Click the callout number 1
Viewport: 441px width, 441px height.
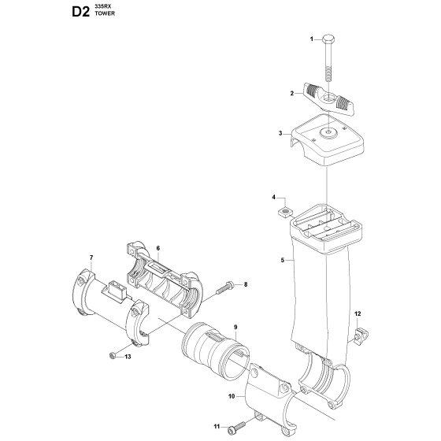click(311, 39)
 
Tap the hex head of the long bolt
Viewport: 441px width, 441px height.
click(328, 39)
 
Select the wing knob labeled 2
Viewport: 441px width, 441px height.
click(329, 98)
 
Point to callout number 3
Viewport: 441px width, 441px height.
click(280, 133)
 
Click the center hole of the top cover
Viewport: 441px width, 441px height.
click(329, 132)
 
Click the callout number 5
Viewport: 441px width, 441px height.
click(283, 260)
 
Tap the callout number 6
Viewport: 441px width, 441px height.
click(157, 248)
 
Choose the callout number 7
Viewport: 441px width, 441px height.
click(91, 258)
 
